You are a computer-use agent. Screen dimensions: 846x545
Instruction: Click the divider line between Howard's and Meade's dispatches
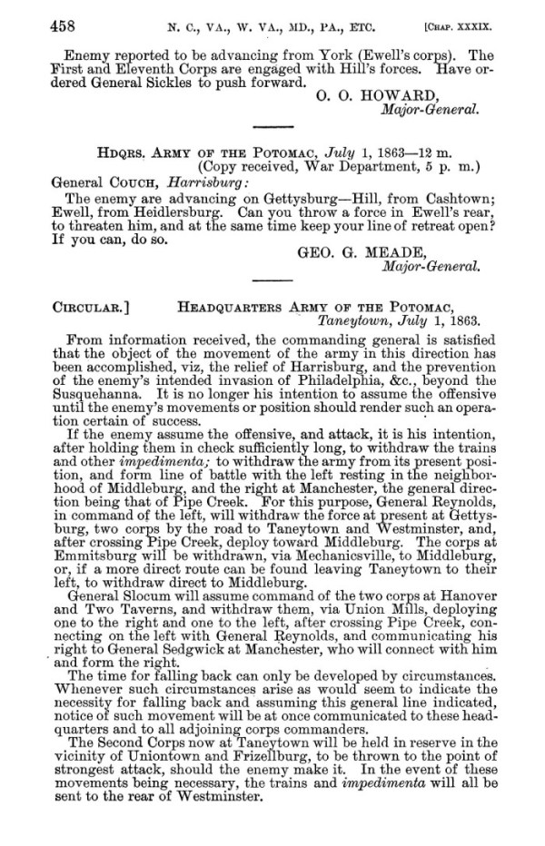pyautogui.click(x=272, y=130)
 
